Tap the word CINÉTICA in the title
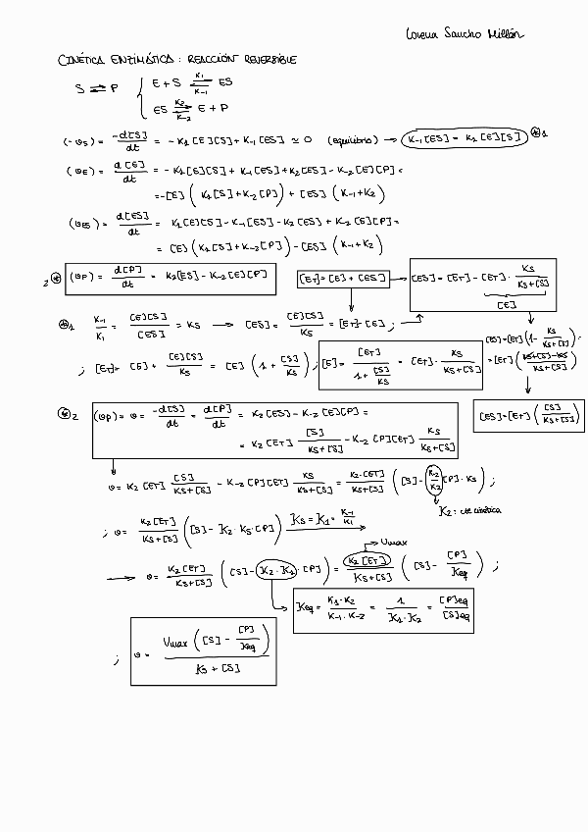point(86,60)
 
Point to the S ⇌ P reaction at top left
point(96,88)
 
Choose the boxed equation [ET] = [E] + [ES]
point(343,280)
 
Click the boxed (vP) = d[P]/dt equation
point(171,280)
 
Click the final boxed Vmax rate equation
point(202,649)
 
